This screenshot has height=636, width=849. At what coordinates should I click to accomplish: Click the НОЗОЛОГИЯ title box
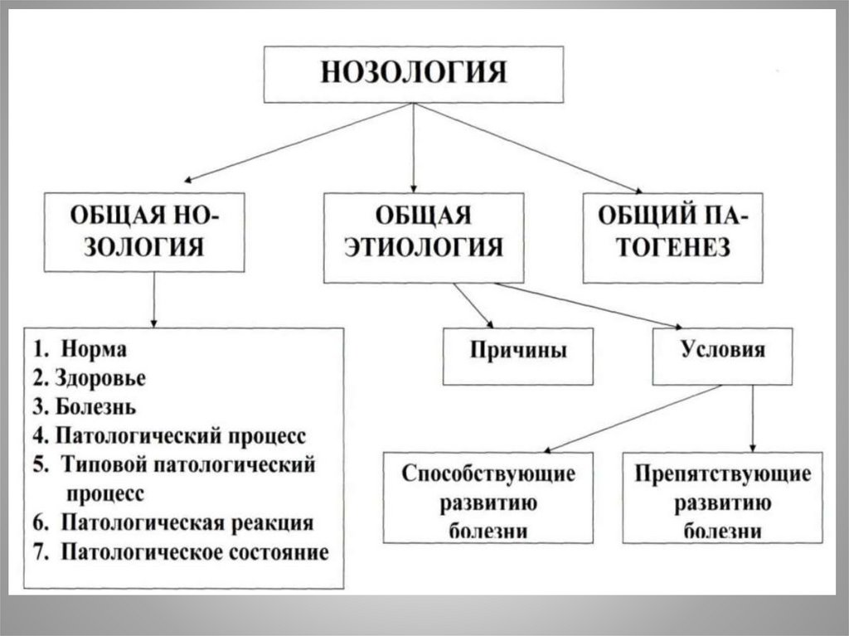(x=413, y=74)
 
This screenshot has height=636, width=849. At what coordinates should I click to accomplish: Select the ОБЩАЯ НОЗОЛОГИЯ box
(x=144, y=231)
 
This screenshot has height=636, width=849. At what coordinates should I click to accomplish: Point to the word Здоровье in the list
(x=100, y=378)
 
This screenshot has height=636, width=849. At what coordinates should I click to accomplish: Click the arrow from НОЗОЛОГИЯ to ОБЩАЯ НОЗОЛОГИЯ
(x=298, y=141)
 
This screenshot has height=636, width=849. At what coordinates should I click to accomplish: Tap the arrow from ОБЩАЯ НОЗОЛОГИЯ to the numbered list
(x=154, y=300)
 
